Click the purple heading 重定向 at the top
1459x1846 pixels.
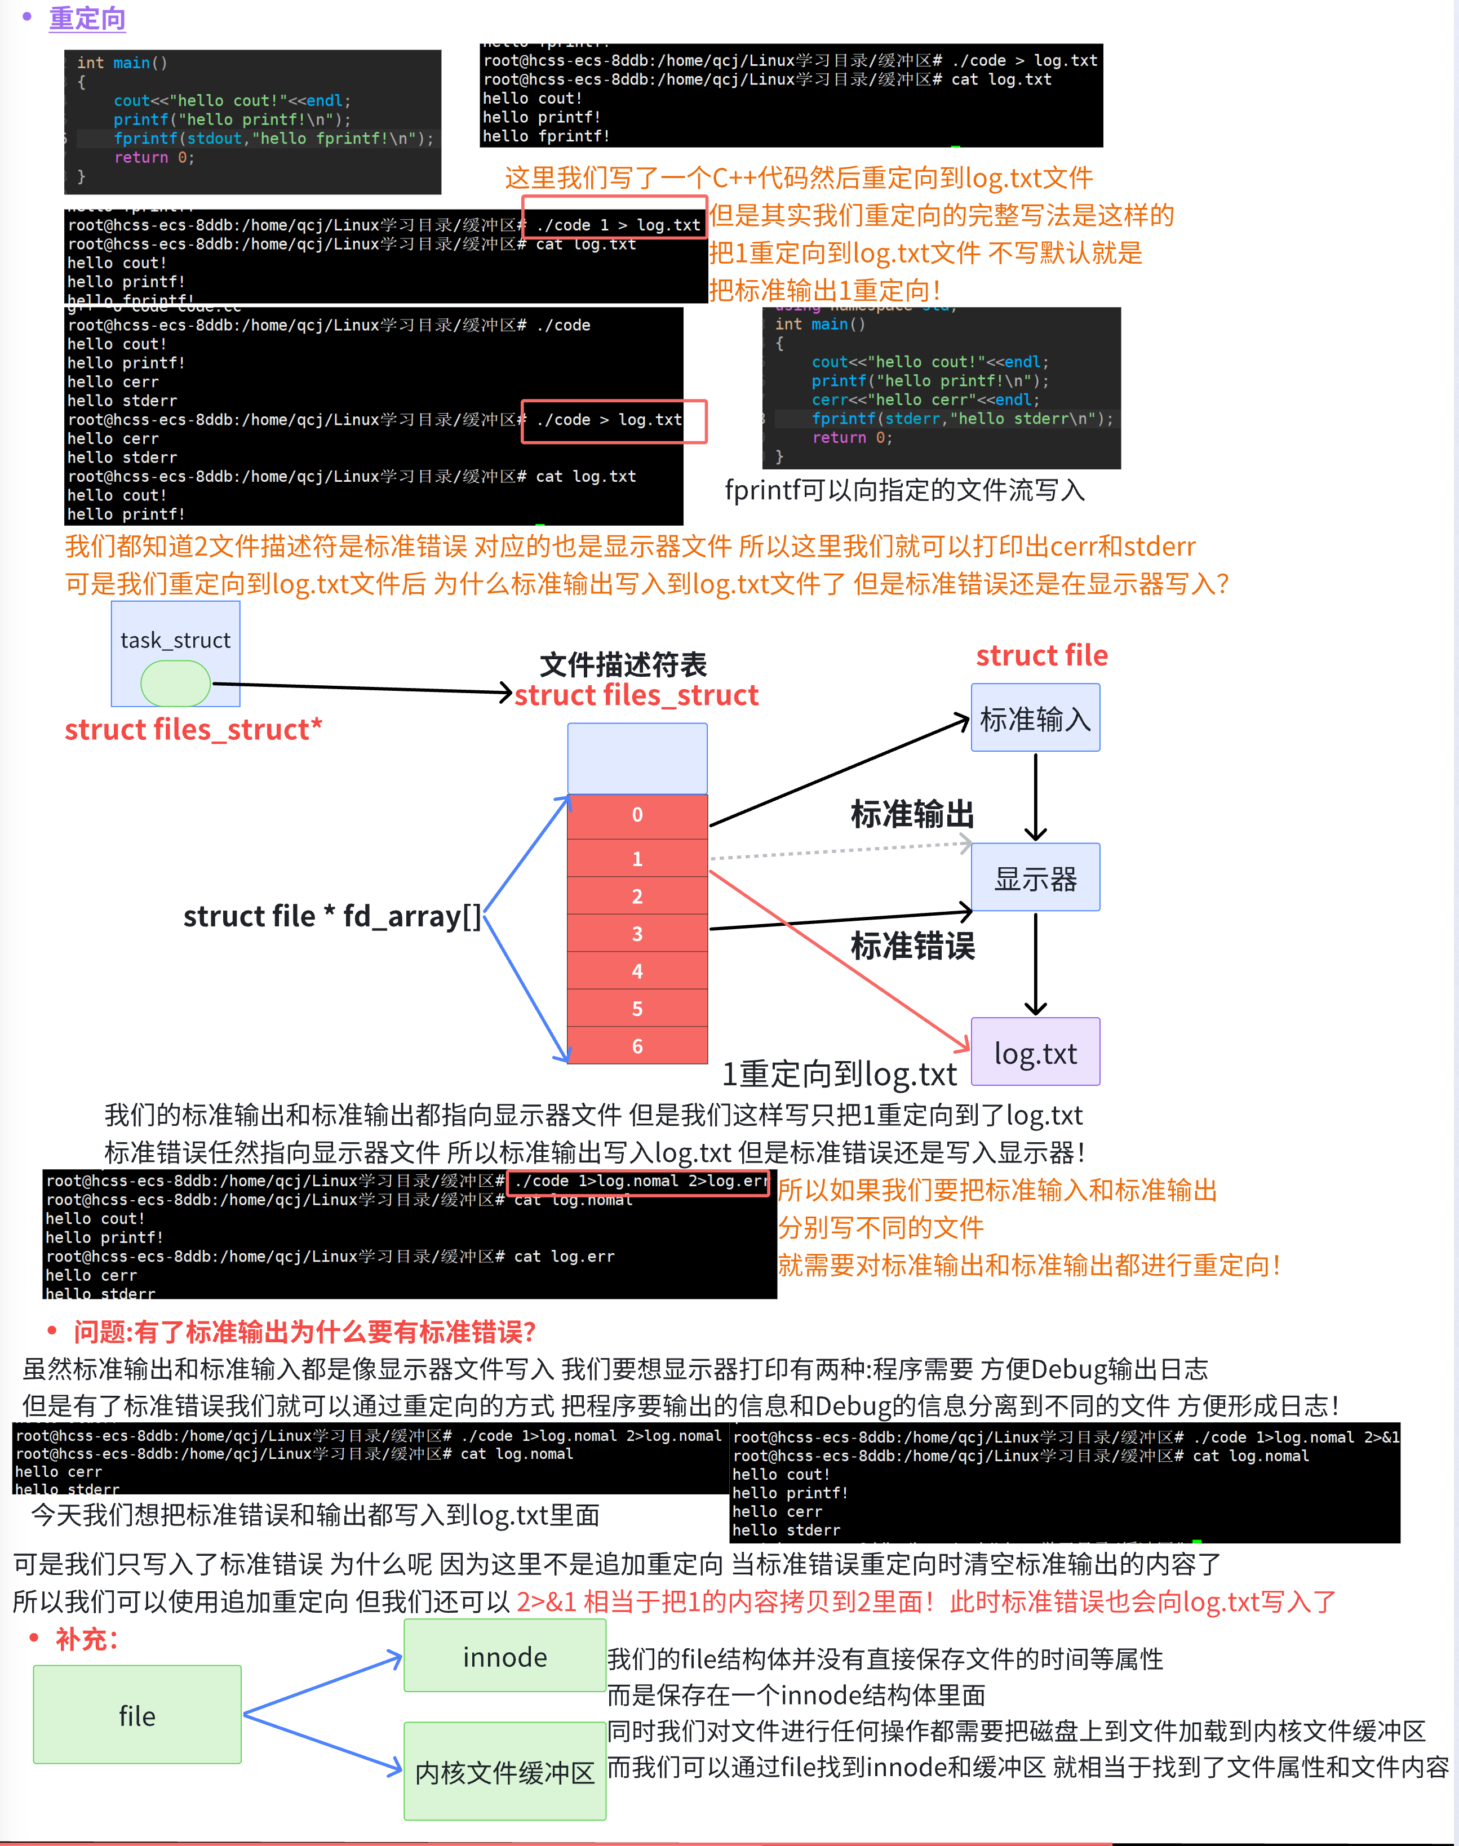point(87,19)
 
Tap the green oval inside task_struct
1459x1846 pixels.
point(175,684)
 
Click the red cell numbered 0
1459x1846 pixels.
point(637,815)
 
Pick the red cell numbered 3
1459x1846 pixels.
point(637,934)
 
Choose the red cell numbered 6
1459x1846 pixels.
point(637,1046)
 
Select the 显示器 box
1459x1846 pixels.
point(1035,878)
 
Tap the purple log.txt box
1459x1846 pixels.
point(1035,1053)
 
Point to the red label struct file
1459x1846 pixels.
point(1041,655)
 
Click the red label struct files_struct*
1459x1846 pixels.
point(193,730)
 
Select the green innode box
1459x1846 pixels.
point(505,1656)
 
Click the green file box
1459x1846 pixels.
point(138,1715)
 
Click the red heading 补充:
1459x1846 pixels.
point(86,1639)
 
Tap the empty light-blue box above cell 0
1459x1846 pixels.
point(637,758)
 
